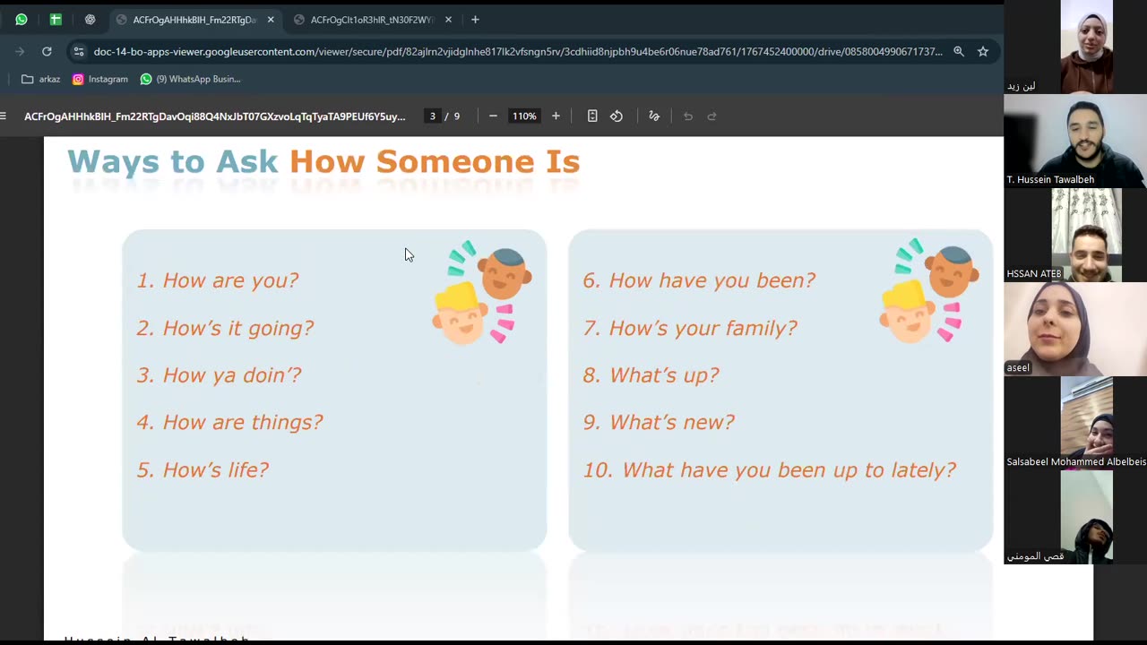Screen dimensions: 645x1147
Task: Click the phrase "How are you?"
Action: tap(230, 280)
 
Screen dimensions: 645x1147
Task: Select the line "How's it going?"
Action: tap(237, 328)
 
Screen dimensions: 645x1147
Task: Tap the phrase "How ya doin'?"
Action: tap(231, 375)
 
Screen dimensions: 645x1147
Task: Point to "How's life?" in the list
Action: tap(215, 469)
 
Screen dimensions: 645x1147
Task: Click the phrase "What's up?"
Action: tap(664, 375)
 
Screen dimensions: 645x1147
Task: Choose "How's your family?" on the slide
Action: tap(703, 328)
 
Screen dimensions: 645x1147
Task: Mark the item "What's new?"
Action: tap(671, 422)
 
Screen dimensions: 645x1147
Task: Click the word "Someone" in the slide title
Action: tap(435, 162)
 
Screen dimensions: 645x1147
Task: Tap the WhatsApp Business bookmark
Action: tap(190, 79)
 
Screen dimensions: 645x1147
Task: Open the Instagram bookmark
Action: tap(100, 79)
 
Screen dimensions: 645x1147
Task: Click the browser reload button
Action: tap(47, 52)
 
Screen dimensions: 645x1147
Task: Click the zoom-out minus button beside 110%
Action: tap(493, 116)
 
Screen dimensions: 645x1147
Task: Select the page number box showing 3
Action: tap(433, 116)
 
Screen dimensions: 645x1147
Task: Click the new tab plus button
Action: tap(475, 20)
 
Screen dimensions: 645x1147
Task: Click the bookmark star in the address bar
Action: tap(983, 52)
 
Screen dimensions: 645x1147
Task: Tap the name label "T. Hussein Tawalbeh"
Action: tap(1050, 179)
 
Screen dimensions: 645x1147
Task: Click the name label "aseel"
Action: tap(1018, 367)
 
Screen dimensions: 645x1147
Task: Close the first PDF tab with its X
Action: tap(271, 20)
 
